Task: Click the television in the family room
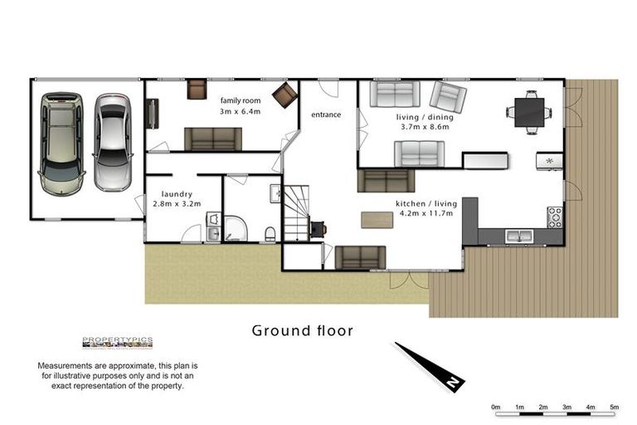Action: [x=152, y=114]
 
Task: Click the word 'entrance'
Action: [x=325, y=115]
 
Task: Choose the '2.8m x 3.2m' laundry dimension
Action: [x=177, y=203]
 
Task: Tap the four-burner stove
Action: [x=554, y=217]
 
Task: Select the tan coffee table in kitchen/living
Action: [x=377, y=220]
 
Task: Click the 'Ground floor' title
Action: [x=303, y=330]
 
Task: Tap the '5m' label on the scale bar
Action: [x=615, y=407]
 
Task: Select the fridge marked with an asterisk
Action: [x=549, y=160]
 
